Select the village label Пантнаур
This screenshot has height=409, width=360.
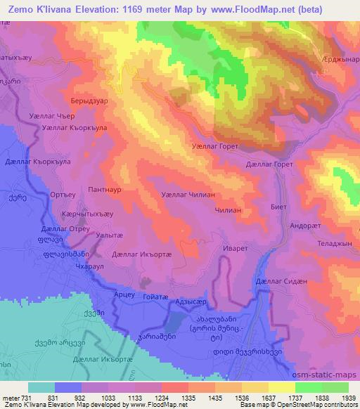click(x=105, y=190)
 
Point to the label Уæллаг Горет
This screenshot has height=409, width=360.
click(x=215, y=146)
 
